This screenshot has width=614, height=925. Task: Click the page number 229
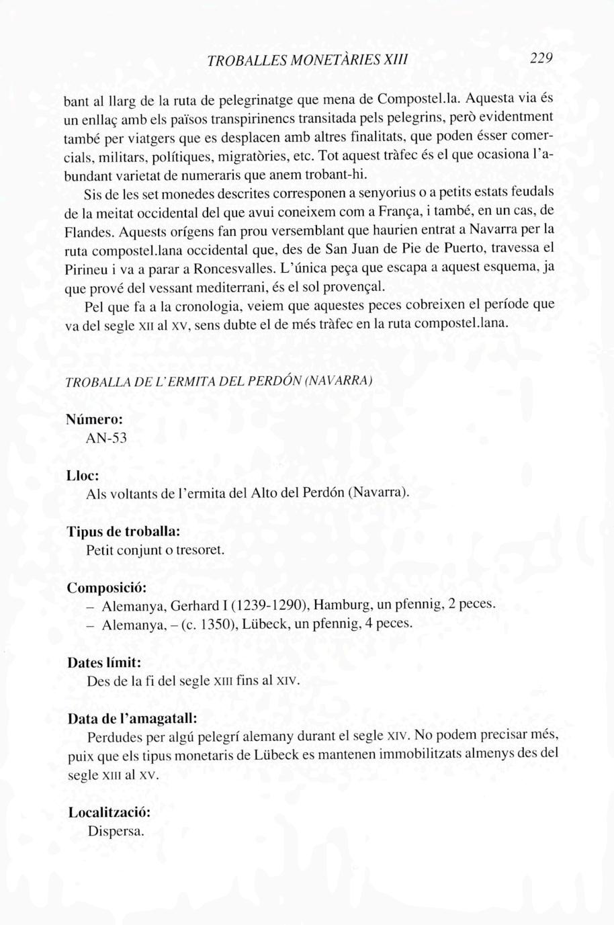[540, 58]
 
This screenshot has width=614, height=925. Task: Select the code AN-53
[107, 439]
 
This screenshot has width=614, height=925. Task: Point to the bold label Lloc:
[83, 475]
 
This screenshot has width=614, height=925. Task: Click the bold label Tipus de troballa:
[123, 531]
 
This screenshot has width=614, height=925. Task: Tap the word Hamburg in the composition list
[340, 604]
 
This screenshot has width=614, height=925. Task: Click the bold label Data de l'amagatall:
[132, 717]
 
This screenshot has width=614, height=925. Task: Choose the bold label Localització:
[109, 812]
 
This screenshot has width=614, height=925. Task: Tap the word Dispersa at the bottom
[116, 831]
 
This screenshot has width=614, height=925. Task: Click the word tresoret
[199, 549]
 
